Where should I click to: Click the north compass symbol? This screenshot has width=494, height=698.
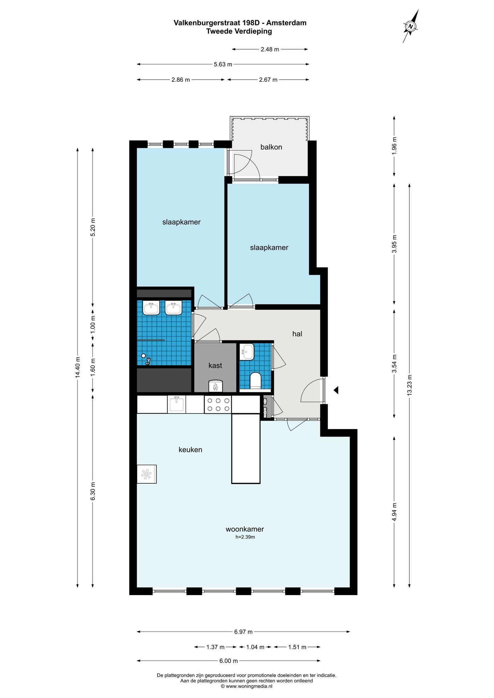pyautogui.click(x=411, y=27)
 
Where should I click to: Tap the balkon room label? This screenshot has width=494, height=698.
pyautogui.click(x=271, y=147)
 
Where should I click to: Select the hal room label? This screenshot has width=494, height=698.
pyautogui.click(x=297, y=334)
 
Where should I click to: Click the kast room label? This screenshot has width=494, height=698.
pyautogui.click(x=215, y=366)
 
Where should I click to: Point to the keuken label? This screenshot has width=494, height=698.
pyautogui.click(x=190, y=450)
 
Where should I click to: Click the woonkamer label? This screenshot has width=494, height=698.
pyautogui.click(x=245, y=529)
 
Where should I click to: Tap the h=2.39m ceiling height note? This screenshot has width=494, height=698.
pyautogui.click(x=245, y=537)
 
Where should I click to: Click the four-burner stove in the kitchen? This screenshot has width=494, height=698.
pyautogui.click(x=218, y=405)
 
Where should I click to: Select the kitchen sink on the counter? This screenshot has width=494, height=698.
pyautogui.click(x=177, y=404)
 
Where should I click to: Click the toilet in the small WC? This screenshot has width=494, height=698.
pyautogui.click(x=256, y=381)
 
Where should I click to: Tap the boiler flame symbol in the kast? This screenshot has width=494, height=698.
pyautogui.click(x=215, y=386)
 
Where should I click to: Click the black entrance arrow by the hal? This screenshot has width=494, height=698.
pyautogui.click(x=336, y=390)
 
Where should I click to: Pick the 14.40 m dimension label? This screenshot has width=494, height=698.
pyautogui.click(x=78, y=367)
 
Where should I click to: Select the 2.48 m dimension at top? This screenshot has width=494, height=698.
pyautogui.click(x=270, y=49)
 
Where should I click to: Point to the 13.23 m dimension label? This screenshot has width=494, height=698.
pyautogui.click(x=410, y=385)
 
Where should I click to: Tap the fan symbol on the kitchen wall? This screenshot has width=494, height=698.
pyautogui.click(x=147, y=474)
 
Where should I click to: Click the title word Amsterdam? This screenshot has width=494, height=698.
pyautogui.click(x=286, y=23)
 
